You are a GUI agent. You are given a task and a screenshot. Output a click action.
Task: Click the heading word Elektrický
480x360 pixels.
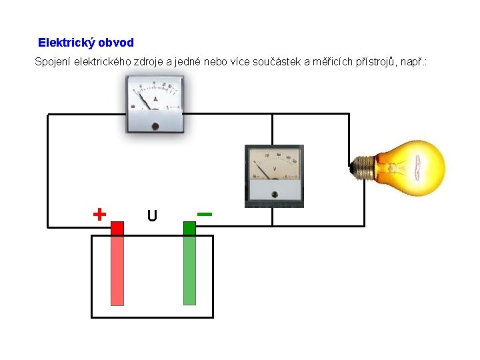pos(66,43)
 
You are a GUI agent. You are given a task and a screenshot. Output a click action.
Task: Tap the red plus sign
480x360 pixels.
pos(99,214)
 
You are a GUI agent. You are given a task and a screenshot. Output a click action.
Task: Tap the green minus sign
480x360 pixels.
pos(205,214)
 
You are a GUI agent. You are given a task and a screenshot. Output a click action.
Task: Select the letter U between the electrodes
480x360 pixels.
pos(152,216)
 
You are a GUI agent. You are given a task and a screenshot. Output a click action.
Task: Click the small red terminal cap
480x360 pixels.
pos(117,229)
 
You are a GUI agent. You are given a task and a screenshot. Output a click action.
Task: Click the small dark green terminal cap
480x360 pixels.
pos(189,229)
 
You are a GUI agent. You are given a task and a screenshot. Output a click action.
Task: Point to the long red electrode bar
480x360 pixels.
pos(117,270)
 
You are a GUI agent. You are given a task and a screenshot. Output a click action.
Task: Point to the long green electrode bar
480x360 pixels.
pos(189,270)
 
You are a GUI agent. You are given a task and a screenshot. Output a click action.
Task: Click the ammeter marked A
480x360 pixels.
pos(155,103)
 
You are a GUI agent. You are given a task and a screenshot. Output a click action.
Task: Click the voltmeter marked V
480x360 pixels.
pos(274,175)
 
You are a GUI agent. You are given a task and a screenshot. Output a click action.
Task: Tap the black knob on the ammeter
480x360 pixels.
pos(155,125)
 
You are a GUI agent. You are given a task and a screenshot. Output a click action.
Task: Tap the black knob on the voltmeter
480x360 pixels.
pos(275,195)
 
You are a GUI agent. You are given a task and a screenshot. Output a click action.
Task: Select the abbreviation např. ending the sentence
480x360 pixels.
pos(418,62)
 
